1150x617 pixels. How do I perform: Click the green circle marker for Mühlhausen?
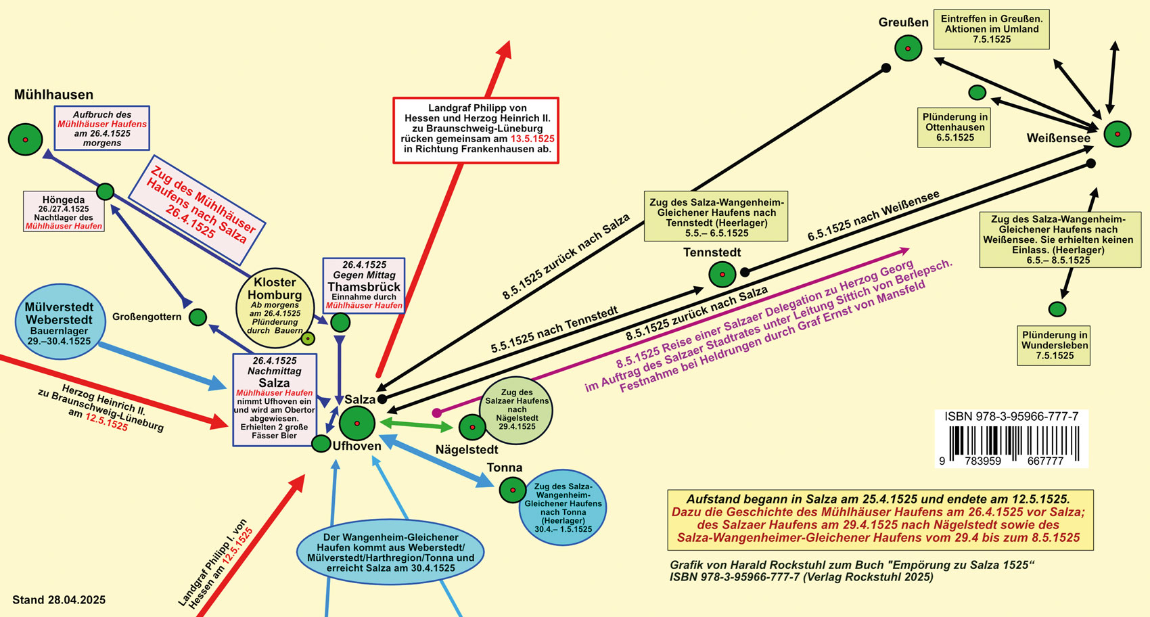click(25, 139)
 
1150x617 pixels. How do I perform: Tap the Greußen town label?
click(903, 22)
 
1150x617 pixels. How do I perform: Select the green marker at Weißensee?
click(1117, 134)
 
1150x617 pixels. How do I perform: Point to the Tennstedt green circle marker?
click(722, 275)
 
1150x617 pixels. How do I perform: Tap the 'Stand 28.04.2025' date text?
click(59, 600)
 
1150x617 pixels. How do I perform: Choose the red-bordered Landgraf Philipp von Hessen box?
click(476, 130)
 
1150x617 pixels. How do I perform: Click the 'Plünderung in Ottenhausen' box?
click(954, 127)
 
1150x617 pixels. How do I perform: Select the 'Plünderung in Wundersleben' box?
click(1054, 346)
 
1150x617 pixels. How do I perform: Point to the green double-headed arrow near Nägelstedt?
click(417, 424)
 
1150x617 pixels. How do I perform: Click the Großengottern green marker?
click(198, 317)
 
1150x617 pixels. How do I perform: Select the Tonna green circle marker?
click(512, 490)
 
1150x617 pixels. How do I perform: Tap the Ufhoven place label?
click(356, 446)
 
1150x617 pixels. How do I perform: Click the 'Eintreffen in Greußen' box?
click(991, 29)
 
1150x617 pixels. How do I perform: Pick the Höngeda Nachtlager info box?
click(64, 212)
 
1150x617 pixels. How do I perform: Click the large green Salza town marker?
click(356, 424)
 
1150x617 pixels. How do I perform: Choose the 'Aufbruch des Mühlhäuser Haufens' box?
click(102, 128)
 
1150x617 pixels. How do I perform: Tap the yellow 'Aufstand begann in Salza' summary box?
click(879, 519)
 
